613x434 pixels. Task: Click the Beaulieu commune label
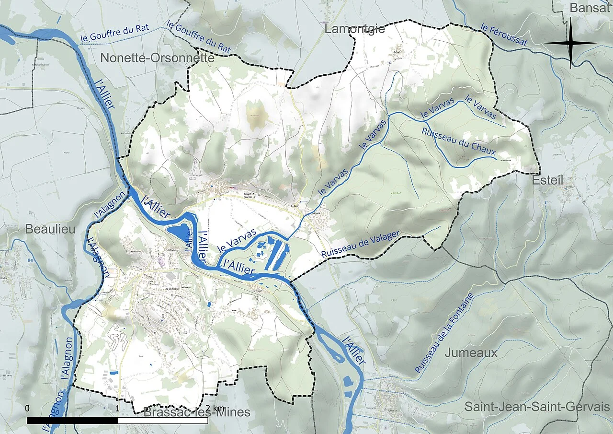(x=50, y=230)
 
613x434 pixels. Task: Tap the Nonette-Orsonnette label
(x=157, y=59)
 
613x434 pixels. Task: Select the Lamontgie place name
(x=354, y=29)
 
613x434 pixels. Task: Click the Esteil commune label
(x=547, y=180)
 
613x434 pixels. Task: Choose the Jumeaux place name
(x=471, y=353)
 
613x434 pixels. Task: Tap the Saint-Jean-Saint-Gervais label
(x=537, y=407)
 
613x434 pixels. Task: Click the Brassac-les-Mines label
(x=197, y=412)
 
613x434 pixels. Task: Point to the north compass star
(x=571, y=43)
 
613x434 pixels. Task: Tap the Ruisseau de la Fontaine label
(x=444, y=333)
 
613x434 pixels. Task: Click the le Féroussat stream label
(x=504, y=35)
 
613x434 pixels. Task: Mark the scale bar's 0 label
(x=27, y=408)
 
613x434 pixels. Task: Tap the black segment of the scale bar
(x=72, y=421)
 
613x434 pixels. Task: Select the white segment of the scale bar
(x=163, y=421)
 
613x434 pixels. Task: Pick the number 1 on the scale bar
(x=118, y=408)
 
